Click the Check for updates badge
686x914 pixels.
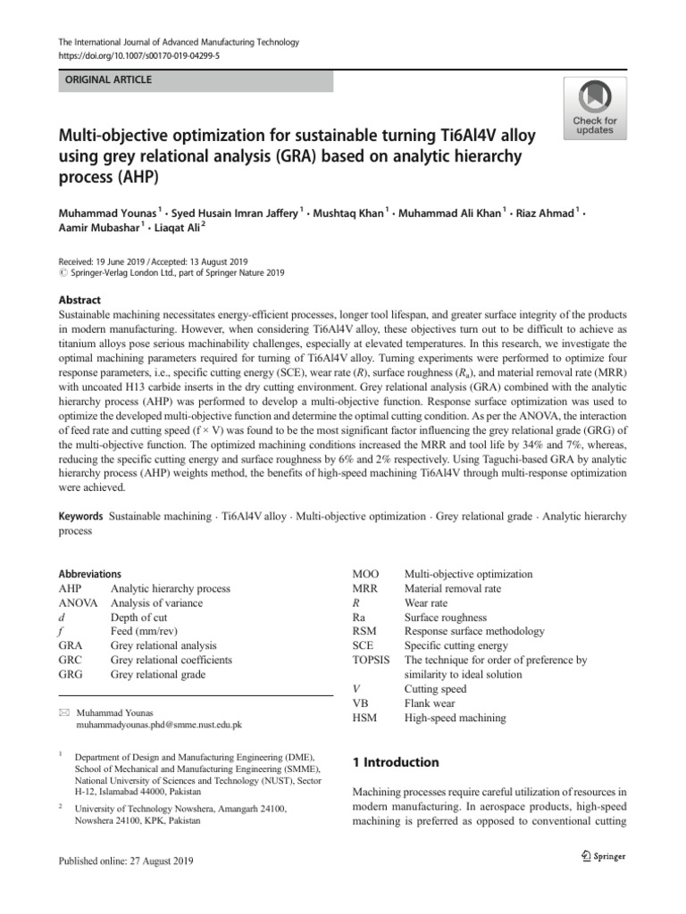pyautogui.click(x=594, y=107)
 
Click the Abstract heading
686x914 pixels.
pyautogui.click(x=79, y=301)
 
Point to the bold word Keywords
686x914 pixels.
pyautogui.click(x=81, y=516)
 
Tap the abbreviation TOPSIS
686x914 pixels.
pyautogui.click(x=372, y=660)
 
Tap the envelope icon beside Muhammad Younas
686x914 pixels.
pyautogui.click(x=63, y=712)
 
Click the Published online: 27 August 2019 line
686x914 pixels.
pyautogui.click(x=125, y=860)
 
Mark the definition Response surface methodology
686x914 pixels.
pyautogui.click(x=474, y=631)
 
